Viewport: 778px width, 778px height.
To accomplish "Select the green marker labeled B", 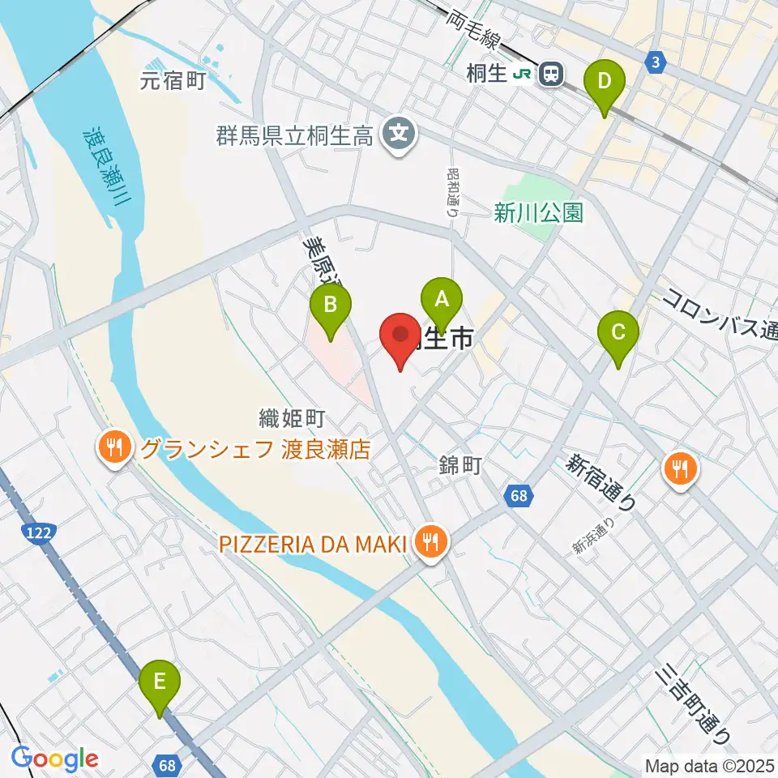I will click(331, 306).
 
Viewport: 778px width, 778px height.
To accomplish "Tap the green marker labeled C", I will click(618, 332).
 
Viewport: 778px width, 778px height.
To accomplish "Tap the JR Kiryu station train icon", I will click(551, 75).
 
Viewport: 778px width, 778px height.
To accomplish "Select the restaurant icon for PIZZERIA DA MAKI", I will click(429, 540).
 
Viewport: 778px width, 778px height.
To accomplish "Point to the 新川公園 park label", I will click(539, 212).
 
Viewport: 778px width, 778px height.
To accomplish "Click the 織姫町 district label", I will click(292, 418).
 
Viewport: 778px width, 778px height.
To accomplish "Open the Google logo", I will click(54, 759).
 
